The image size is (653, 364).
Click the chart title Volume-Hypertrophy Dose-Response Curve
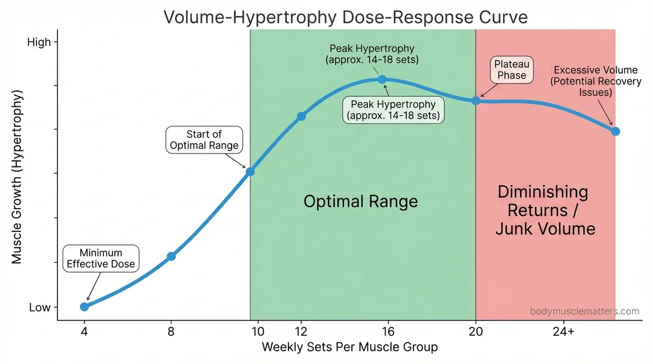345,17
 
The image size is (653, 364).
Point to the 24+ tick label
564,331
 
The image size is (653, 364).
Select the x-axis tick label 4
84,331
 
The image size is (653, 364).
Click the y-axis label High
39,42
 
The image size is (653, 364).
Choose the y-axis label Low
40,307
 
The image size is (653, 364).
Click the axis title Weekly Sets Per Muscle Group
350,347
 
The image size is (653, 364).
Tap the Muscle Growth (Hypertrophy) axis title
17,177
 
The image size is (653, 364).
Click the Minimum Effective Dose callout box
101,259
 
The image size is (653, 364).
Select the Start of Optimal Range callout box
204,140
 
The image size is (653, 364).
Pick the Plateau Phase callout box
511,70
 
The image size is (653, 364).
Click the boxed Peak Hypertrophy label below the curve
393,110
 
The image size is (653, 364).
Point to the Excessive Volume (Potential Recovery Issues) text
597,81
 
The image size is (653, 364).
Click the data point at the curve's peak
382,79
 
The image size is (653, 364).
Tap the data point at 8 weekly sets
171,256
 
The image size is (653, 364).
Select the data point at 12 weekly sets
302,116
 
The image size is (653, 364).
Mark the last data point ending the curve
615,131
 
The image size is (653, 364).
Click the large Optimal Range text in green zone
361,202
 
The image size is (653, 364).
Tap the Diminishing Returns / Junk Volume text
545,210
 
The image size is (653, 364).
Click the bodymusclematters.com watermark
584,311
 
